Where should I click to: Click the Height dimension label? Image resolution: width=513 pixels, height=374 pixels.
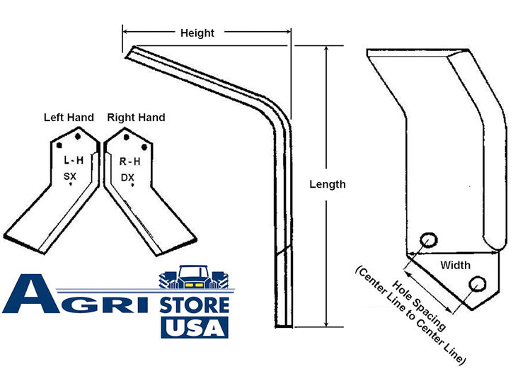tap(197, 33)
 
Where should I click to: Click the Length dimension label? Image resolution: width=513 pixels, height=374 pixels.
tap(328, 184)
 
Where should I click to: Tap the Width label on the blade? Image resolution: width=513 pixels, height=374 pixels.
tap(456, 265)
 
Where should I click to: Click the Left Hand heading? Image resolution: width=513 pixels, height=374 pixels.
tap(69, 118)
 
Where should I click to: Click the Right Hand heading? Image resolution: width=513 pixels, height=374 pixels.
tap(136, 118)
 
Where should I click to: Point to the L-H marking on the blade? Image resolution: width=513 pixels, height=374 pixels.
tap(74, 160)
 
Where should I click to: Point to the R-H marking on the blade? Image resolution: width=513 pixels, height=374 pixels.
tap(130, 161)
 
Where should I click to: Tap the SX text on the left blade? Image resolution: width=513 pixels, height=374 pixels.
tap(69, 176)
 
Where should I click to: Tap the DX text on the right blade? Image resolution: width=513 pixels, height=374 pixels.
tap(127, 178)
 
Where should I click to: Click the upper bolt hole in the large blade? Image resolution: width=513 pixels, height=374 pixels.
tap(428, 240)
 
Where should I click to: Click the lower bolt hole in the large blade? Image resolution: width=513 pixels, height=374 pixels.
tap(477, 284)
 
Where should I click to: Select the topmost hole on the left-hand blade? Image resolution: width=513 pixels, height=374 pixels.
tap(78, 136)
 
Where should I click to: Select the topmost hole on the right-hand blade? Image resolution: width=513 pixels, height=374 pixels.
tap(126, 137)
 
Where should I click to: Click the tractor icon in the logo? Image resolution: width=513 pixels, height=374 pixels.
tap(194, 277)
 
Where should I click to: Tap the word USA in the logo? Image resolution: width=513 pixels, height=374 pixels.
tap(195, 327)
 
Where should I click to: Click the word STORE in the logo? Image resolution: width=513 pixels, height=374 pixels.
tap(195, 305)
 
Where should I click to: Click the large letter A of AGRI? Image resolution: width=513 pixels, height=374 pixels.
tap(31, 294)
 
